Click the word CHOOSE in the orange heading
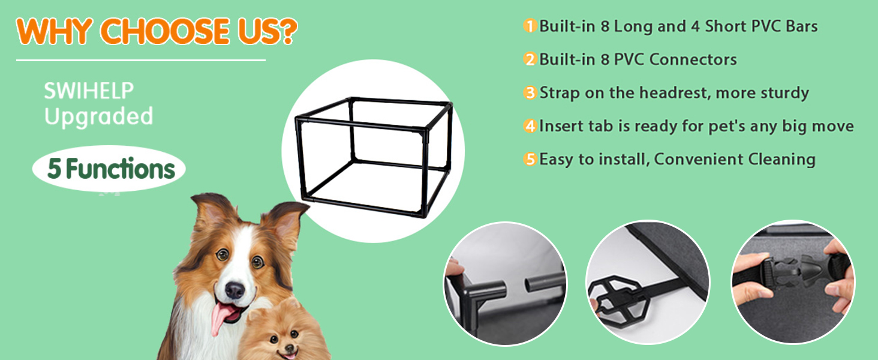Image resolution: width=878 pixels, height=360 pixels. point(165,31)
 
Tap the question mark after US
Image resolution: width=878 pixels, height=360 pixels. point(289,31)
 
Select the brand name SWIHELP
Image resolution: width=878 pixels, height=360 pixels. point(89,91)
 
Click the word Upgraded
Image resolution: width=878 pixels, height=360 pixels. point(98,117)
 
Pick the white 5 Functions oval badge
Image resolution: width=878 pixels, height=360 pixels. point(109,169)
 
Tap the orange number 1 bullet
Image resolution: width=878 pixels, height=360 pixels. point(530,26)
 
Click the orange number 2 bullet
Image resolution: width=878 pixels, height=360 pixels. point(530,59)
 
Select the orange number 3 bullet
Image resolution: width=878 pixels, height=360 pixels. point(530,93)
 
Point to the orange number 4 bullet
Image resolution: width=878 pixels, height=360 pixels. point(530,126)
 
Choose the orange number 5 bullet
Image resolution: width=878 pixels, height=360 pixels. point(530,160)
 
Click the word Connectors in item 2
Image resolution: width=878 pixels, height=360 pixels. point(693,59)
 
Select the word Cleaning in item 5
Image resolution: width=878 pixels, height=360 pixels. point(781,160)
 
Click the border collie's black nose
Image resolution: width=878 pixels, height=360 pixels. point(234,290)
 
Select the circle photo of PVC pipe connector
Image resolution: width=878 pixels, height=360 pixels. point(506,284)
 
